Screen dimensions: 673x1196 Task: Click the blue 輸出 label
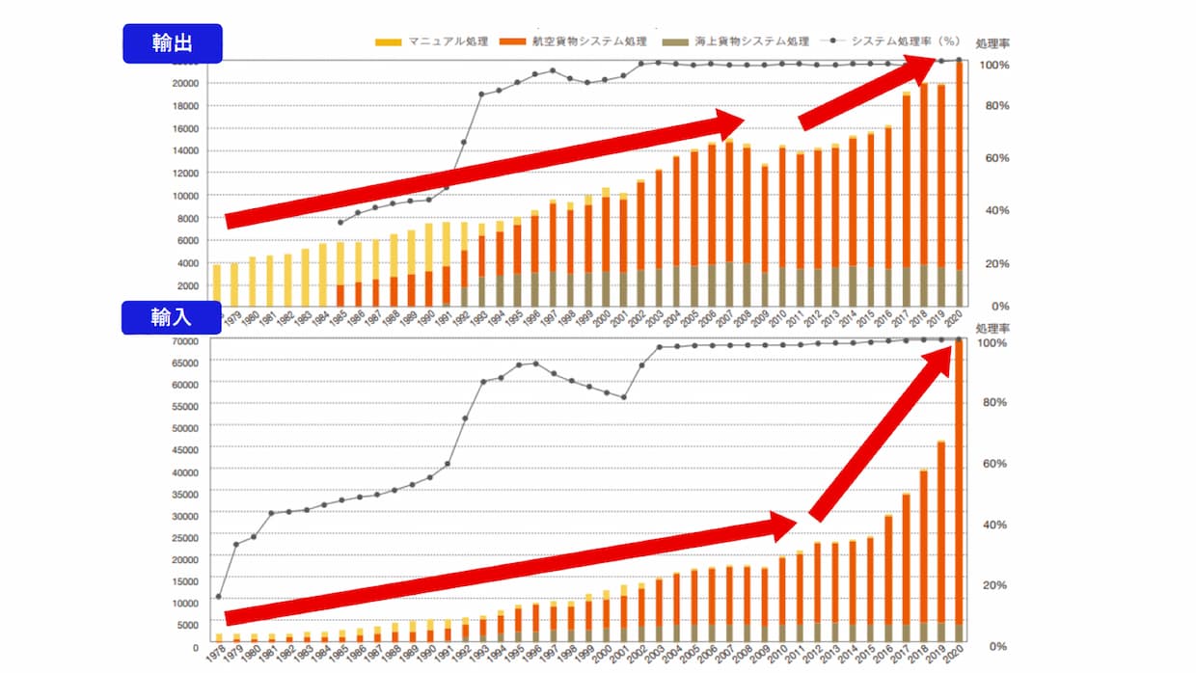tap(172, 44)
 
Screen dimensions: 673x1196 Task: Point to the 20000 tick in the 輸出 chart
tap(185, 84)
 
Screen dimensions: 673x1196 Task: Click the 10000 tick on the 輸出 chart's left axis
tap(185, 196)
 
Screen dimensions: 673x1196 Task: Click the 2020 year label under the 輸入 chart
tap(958, 657)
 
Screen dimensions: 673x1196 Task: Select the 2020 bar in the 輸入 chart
tap(960, 492)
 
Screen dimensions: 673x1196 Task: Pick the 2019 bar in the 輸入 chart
tap(941, 540)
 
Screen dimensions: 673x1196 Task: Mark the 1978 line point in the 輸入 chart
tap(219, 598)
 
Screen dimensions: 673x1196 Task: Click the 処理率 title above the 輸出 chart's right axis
tap(992, 44)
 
